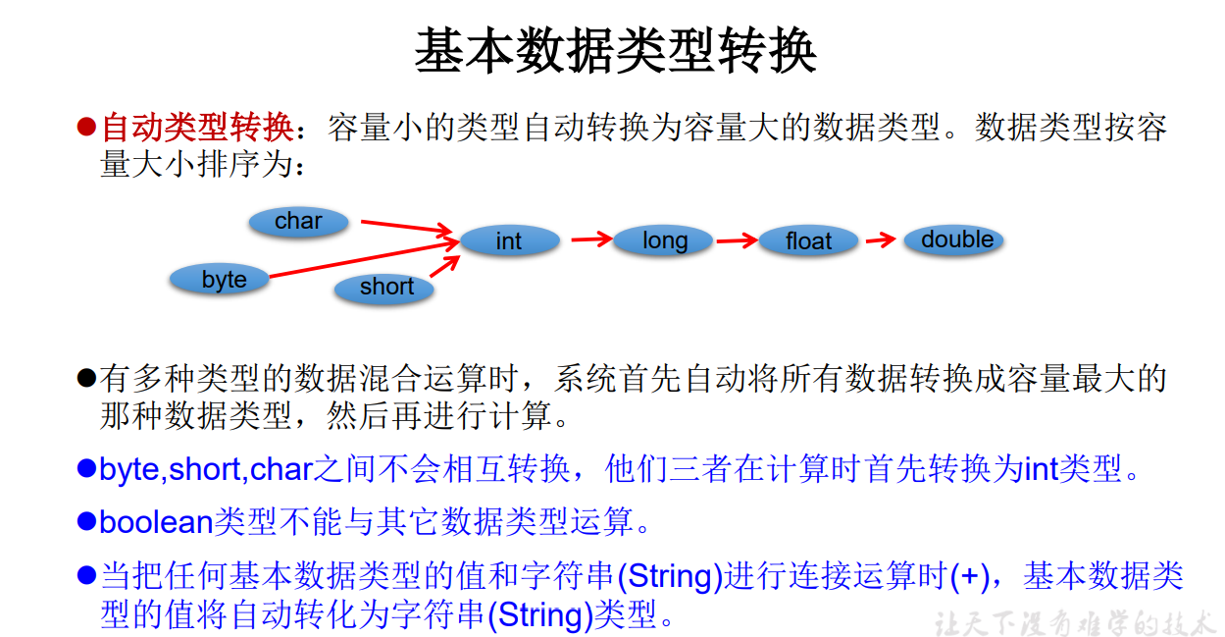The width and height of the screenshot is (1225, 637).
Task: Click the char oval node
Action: click(x=298, y=222)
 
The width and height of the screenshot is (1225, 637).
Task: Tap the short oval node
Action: click(x=386, y=288)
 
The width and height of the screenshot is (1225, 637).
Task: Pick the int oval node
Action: click(x=509, y=241)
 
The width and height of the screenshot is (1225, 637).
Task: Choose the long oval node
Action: click(x=664, y=240)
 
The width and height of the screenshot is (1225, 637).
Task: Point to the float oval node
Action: click(x=808, y=241)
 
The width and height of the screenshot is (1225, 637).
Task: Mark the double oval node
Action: click(x=956, y=240)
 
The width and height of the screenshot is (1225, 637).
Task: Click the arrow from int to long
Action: click(x=591, y=239)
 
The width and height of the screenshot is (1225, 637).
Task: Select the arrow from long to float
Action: click(x=737, y=239)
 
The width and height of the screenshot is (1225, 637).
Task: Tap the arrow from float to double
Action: click(x=881, y=239)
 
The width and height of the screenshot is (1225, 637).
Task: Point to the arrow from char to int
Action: click(x=407, y=228)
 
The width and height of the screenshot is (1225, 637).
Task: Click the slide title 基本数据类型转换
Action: click(x=615, y=51)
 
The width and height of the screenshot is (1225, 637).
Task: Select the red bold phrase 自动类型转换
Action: click(x=197, y=127)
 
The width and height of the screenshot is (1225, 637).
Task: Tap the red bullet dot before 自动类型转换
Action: click(x=86, y=127)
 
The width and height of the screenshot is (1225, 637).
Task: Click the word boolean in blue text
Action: click(x=156, y=521)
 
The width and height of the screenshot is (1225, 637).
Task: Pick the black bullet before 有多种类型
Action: click(x=86, y=378)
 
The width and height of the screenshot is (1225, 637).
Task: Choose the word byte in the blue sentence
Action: click(x=128, y=469)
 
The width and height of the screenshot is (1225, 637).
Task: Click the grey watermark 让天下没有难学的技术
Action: click(x=1074, y=622)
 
